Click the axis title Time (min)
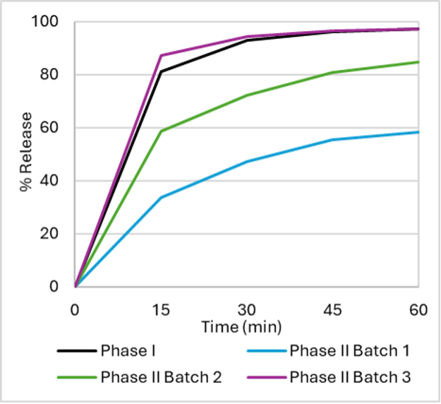point(241,327)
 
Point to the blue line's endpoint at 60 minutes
point(419,132)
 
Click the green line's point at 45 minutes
point(333,72)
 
